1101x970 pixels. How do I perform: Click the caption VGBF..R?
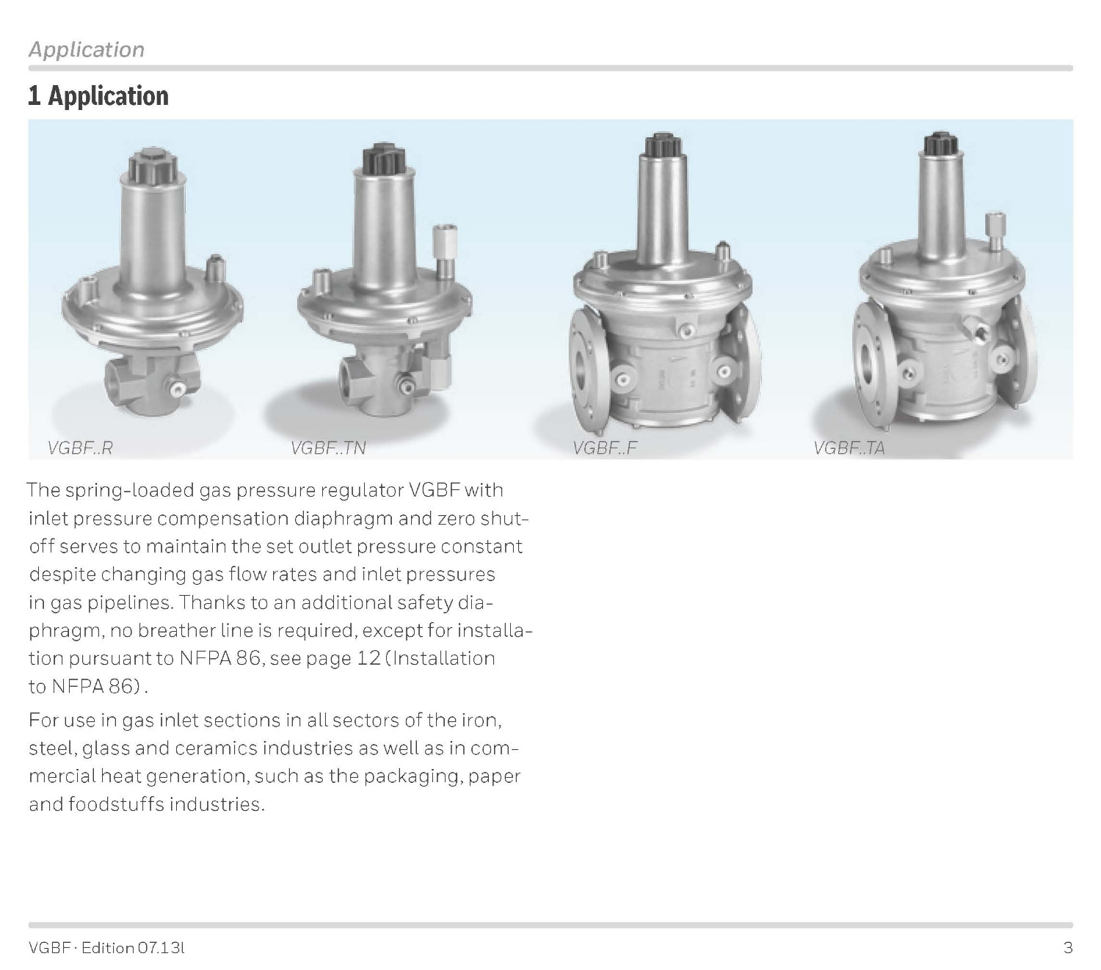80,448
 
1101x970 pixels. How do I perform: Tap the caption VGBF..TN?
327,448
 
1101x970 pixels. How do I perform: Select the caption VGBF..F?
604,448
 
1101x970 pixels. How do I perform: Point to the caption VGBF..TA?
849,448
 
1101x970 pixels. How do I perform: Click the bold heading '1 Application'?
98,96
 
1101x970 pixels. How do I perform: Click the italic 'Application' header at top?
87,49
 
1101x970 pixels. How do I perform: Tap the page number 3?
1068,948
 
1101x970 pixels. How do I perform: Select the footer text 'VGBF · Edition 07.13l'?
106,948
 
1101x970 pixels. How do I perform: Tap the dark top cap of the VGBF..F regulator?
661,145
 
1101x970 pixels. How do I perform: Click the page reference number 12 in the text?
368,658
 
